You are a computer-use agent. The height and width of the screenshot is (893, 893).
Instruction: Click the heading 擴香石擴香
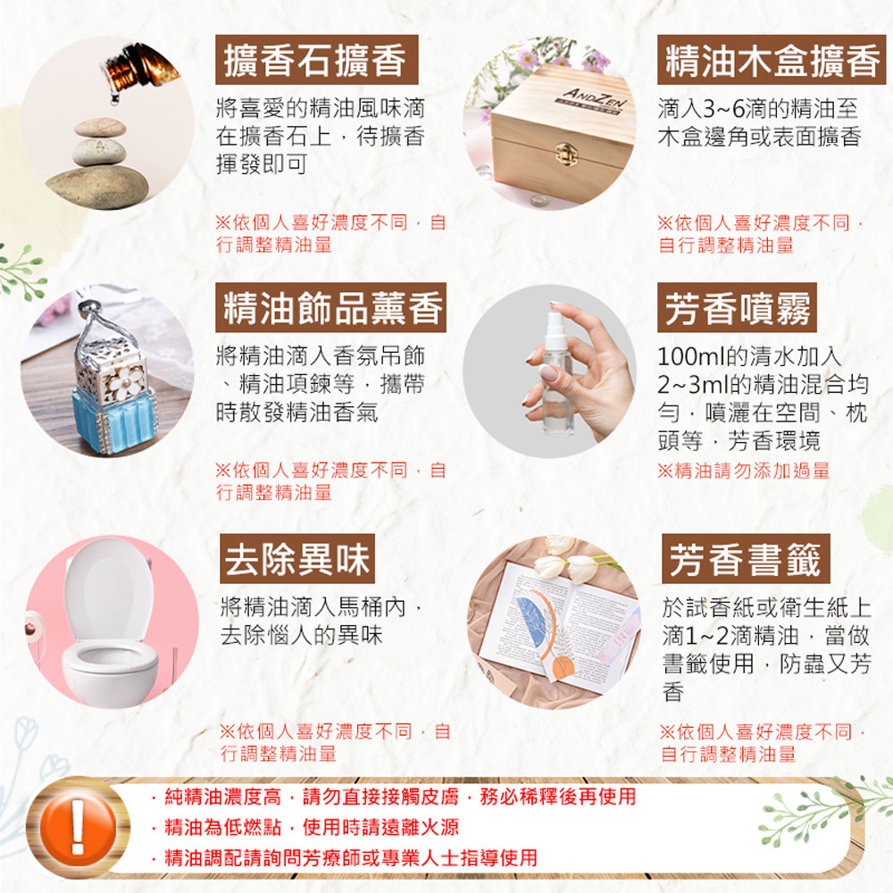click(x=316, y=60)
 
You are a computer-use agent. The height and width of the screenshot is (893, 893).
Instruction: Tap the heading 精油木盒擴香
click(x=772, y=60)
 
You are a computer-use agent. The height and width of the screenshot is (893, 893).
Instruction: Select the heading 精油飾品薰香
click(x=330, y=307)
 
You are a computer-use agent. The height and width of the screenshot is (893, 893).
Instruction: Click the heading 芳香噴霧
click(x=737, y=307)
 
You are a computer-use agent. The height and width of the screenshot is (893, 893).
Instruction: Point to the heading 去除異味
click(x=297, y=559)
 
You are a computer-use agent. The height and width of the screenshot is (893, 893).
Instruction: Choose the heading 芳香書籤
click(x=746, y=559)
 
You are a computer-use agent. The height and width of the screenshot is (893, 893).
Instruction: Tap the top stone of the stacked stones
click(x=100, y=128)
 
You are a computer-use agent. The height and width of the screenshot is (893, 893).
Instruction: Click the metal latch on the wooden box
click(x=566, y=152)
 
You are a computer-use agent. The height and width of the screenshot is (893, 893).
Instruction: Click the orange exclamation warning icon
click(x=78, y=828)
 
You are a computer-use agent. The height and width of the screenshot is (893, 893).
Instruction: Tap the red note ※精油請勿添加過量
click(x=743, y=471)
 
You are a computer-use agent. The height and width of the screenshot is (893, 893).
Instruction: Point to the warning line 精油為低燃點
click(x=222, y=827)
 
